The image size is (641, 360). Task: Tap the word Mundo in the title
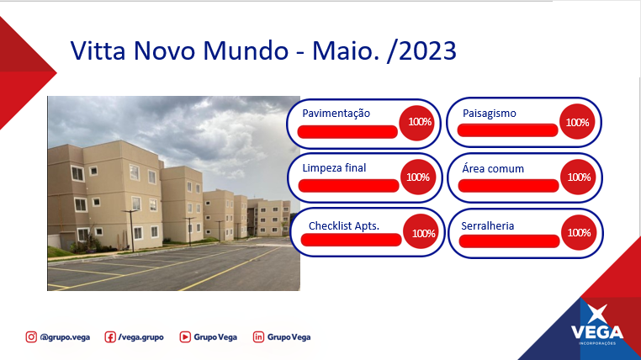(x=246, y=50)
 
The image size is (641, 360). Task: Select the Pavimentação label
(x=336, y=114)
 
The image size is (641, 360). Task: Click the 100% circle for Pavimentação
(x=416, y=122)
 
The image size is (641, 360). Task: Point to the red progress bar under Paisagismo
(x=507, y=130)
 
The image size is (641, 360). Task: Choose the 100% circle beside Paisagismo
(x=577, y=122)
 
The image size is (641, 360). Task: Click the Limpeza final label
(x=334, y=168)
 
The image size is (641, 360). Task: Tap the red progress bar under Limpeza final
(x=349, y=186)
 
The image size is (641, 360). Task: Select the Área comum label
(x=493, y=168)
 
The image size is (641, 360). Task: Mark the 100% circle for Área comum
(x=578, y=177)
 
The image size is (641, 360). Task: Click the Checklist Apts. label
(x=344, y=226)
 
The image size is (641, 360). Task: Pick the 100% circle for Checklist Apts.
(x=421, y=232)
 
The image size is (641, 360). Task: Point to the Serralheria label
(x=487, y=226)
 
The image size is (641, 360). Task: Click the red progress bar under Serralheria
(x=510, y=241)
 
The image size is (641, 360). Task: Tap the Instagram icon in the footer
(x=31, y=337)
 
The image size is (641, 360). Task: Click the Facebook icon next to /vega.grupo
(x=110, y=337)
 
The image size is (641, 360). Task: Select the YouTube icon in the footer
(x=185, y=337)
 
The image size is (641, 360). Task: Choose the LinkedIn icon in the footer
(x=258, y=337)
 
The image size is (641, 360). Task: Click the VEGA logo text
(x=597, y=331)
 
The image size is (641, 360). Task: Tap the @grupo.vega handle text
(x=65, y=337)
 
